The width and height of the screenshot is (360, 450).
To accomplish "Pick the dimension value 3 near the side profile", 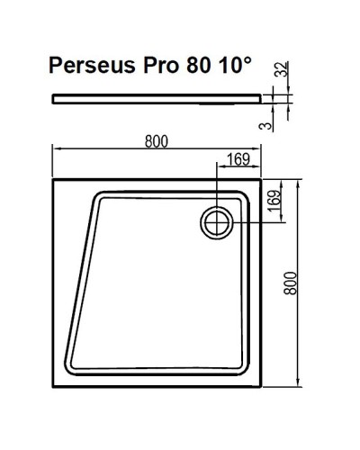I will pos(285,123).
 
